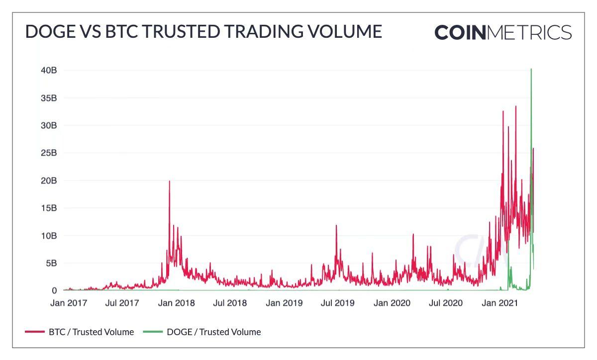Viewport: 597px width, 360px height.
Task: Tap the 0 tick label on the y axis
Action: click(54, 290)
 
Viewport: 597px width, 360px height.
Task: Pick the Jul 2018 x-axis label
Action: click(230, 303)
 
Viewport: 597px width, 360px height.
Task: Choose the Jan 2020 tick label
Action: click(392, 303)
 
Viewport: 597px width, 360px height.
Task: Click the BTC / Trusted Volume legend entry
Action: click(80, 332)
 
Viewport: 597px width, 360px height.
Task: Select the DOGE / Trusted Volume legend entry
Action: click(202, 332)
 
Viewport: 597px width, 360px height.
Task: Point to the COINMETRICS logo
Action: click(503, 32)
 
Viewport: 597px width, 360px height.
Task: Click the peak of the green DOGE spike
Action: click(531, 69)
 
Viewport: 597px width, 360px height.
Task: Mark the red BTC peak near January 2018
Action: click(169, 181)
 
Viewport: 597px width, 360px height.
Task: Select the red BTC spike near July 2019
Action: click(336, 226)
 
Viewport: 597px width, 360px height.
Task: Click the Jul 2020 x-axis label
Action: click(446, 303)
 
